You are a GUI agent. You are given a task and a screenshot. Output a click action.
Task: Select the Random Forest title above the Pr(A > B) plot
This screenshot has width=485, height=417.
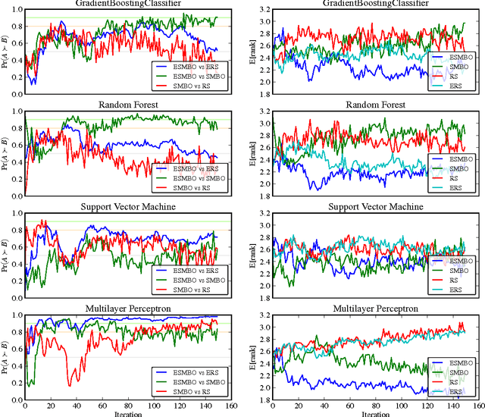[x=122, y=105]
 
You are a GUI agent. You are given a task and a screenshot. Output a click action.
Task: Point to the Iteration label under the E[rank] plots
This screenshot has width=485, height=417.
[x=374, y=414]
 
